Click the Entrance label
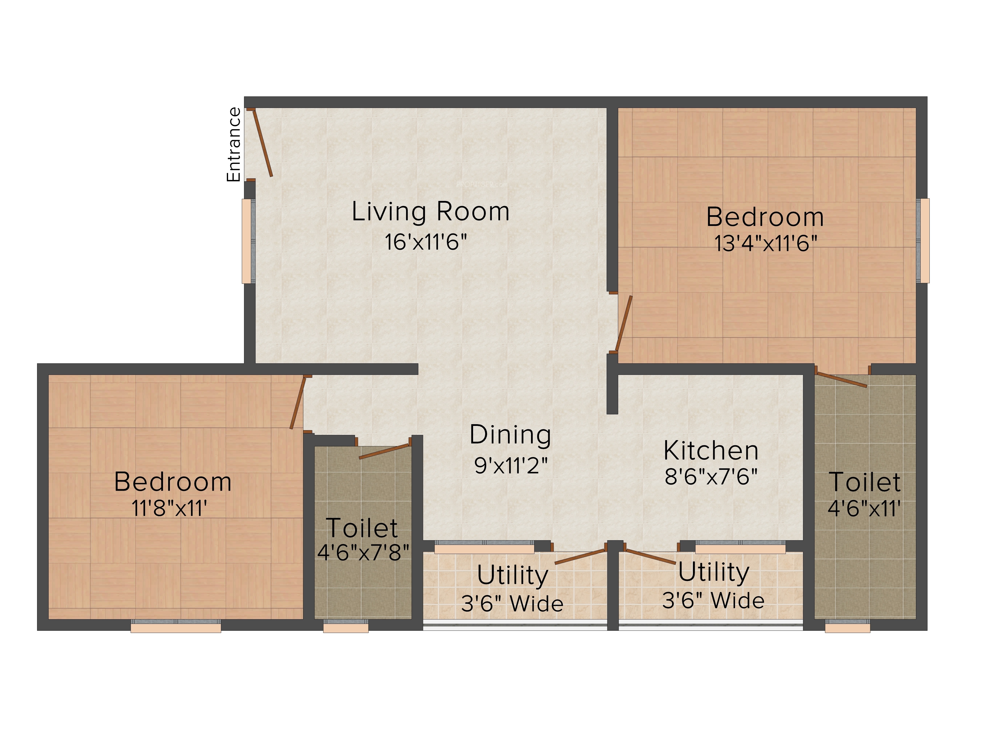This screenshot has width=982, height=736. pos(233,145)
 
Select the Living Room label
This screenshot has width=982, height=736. pos(430,212)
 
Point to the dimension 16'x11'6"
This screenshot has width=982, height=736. pos(426,242)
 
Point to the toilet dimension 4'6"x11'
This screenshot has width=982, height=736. pos(864,508)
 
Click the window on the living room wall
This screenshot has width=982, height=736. pos(248,241)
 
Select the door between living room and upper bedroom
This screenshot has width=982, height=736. pos(623,323)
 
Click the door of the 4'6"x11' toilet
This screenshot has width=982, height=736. pos(842,380)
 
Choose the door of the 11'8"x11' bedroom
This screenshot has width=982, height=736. pos(298,402)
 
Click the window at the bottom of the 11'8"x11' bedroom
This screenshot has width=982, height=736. pos(176,626)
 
